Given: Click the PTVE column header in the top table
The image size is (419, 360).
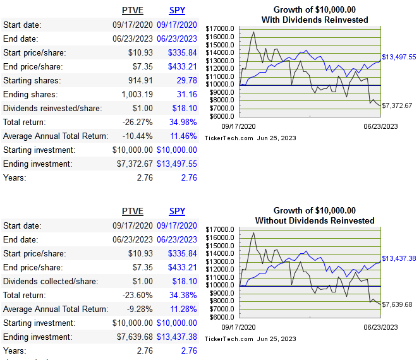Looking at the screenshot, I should [x=132, y=11].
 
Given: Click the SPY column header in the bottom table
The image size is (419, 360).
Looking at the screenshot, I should [x=177, y=211].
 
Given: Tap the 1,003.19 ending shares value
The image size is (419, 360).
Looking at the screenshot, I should [x=134, y=94].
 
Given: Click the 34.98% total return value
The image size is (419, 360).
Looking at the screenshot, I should [x=183, y=122].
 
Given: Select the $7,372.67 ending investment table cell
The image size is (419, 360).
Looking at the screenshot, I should [x=131, y=164].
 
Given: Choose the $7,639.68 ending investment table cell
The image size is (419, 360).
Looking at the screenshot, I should [x=131, y=336].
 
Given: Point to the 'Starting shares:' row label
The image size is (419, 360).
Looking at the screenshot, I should [x=33, y=80].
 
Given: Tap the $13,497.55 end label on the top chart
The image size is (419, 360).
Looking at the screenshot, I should [x=399, y=57].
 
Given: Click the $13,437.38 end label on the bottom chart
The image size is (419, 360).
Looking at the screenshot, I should [x=399, y=258].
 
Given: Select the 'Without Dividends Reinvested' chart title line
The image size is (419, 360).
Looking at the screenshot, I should [x=315, y=220].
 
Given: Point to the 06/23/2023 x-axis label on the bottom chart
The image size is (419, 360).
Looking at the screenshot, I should [x=380, y=327].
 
